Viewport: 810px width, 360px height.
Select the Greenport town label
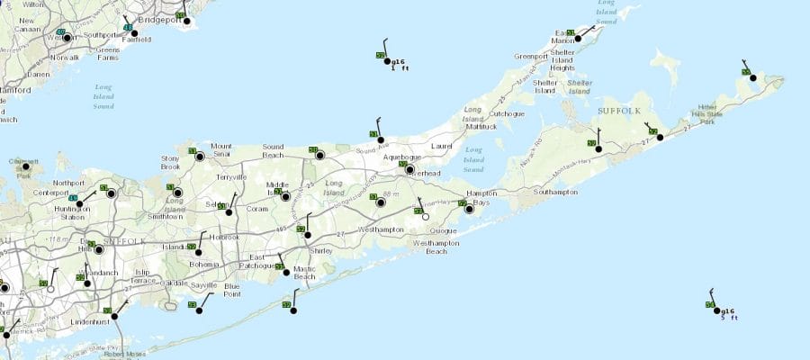530,56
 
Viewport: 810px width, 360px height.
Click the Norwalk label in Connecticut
63,57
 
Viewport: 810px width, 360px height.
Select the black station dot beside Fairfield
135,34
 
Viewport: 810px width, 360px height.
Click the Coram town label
258,209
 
